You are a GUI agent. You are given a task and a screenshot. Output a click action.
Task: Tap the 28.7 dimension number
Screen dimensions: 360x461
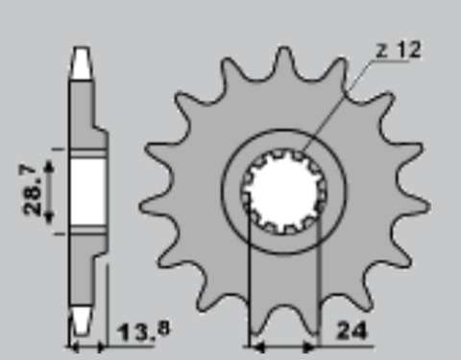[32, 190]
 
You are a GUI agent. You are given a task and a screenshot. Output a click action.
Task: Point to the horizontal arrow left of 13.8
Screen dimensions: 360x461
[87, 342]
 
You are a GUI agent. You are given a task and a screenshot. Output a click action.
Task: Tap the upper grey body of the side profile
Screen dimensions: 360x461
[86, 110]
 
